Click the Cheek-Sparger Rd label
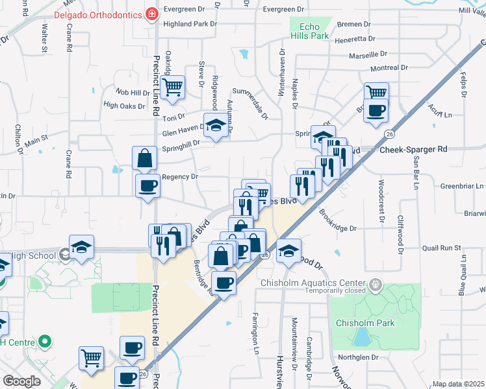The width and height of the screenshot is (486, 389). pos(413,149)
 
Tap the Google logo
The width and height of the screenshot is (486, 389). pos(21,381)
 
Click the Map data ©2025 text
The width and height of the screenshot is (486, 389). pos(457,384)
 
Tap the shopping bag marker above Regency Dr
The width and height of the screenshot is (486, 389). pos(144,158)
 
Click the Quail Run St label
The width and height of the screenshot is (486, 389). pos(441,248)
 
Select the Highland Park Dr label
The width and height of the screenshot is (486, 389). pos(190,23)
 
